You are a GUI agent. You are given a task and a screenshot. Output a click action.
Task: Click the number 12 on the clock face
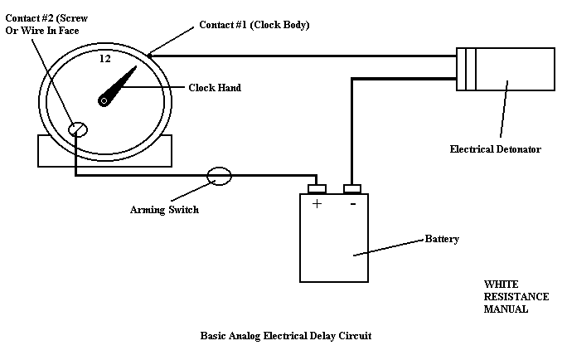105,59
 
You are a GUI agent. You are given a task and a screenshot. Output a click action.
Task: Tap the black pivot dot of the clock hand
104,100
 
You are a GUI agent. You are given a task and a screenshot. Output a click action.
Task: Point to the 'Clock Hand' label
215,87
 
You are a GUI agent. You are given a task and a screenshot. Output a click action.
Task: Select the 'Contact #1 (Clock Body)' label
254,25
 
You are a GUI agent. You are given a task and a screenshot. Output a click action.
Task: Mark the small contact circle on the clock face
77,129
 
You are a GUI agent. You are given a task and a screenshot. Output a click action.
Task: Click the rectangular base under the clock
104,152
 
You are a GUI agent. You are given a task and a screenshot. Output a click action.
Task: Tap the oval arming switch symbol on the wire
219,175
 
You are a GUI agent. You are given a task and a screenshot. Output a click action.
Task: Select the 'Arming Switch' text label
164,210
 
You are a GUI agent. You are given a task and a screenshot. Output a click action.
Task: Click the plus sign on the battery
317,203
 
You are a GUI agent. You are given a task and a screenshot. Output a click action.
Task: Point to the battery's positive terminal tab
317,187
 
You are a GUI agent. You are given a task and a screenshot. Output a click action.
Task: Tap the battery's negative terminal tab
352,187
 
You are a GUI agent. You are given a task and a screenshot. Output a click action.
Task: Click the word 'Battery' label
442,239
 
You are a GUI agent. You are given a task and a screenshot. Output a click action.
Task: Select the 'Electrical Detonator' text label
495,149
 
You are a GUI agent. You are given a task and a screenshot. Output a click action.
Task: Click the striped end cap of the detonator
467,70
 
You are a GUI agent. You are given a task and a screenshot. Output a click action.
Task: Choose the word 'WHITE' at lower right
502,284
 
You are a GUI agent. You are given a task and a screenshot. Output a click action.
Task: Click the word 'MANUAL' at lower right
506,309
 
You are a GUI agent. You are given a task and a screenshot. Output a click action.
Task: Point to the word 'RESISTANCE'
516,296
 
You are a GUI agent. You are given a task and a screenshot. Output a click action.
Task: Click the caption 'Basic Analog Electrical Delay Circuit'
286,337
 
